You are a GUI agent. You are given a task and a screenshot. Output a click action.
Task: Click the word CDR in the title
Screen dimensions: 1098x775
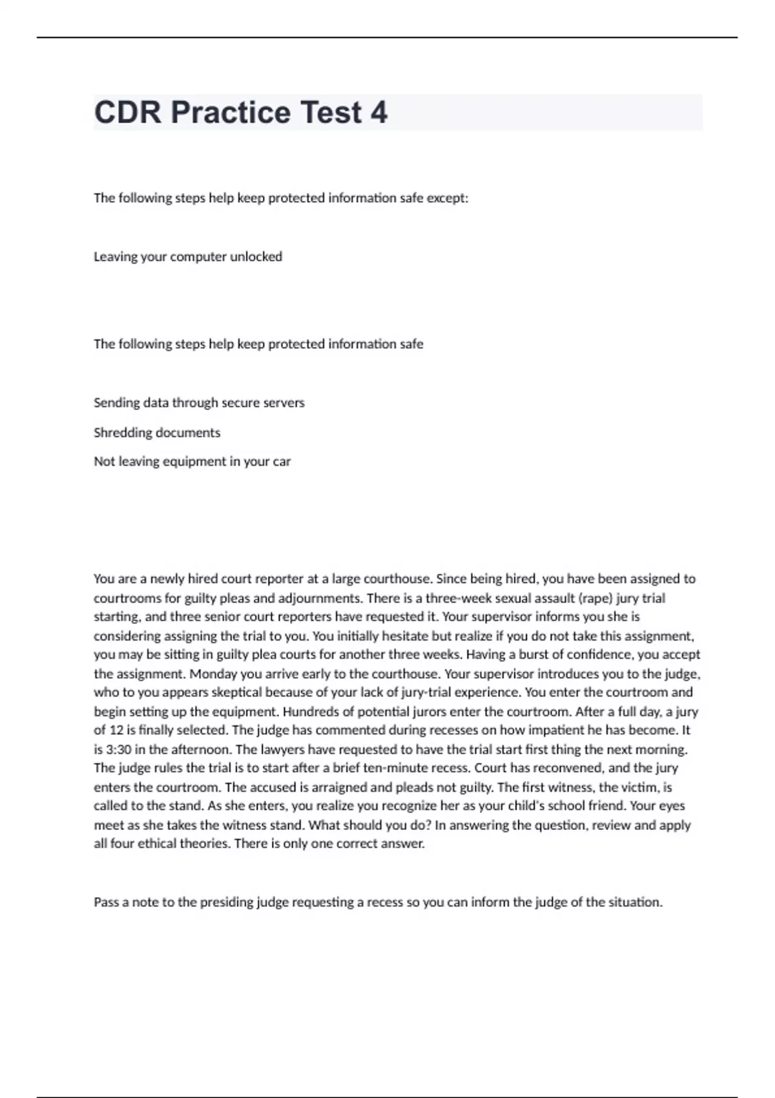coord(127,112)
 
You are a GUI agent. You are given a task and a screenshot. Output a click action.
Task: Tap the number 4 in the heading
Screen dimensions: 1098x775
coord(378,112)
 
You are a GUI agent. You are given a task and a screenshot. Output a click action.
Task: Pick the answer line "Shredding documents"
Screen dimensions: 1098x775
coord(157,432)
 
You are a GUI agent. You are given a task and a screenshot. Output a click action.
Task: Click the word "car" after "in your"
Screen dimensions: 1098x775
coord(282,461)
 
